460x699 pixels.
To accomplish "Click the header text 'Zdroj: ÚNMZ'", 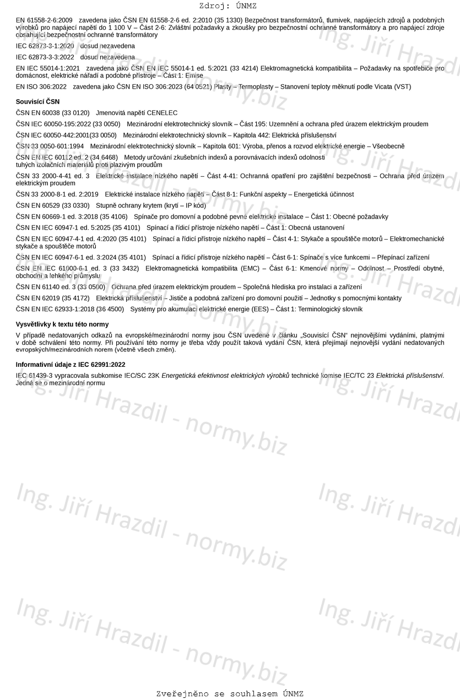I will (x=228, y=6).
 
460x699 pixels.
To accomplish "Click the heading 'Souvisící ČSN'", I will (x=37, y=102).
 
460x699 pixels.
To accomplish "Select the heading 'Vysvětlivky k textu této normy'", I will (x=62, y=324).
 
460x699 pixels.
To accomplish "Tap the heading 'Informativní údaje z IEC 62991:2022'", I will (x=71, y=365).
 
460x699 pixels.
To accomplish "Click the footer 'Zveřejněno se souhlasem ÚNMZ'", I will (x=230, y=693).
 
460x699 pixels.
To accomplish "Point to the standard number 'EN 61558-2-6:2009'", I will (x=44, y=20).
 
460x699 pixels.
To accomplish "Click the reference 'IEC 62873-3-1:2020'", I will (x=45, y=46).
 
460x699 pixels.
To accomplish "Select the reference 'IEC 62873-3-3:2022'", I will (x=45, y=57).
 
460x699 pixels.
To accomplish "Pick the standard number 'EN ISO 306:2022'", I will (x=41, y=87).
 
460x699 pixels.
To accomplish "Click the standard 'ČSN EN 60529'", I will (x=37, y=205).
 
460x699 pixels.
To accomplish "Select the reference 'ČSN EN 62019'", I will (x=37, y=298).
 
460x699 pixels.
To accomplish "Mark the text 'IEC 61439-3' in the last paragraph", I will (x=34, y=376).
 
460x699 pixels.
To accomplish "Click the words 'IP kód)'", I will (x=195, y=205).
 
